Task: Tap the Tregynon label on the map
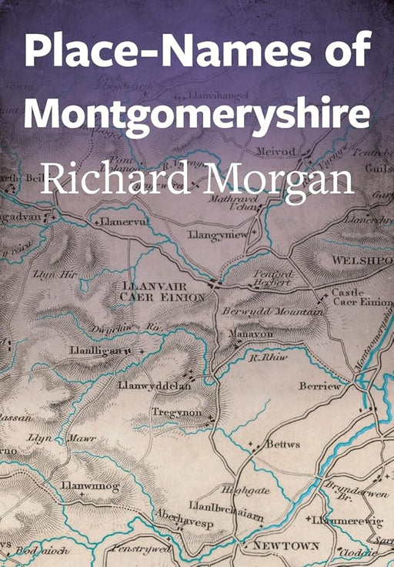tap(176, 413)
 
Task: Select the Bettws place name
tap(282, 445)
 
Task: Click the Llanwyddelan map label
tap(154, 384)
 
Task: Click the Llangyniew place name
tap(218, 233)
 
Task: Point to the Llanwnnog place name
tap(90, 485)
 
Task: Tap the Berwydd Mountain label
tap(272, 311)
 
